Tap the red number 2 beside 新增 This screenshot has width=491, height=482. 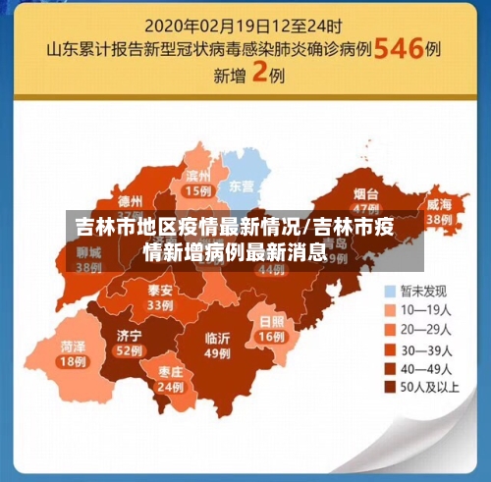[x=260, y=74]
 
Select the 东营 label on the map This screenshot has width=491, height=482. [x=242, y=185]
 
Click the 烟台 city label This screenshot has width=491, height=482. [x=367, y=194]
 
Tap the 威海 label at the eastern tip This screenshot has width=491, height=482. [x=439, y=204]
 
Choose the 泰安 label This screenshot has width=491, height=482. [x=160, y=291]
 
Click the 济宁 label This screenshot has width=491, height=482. [x=129, y=336]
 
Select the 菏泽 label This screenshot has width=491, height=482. [x=72, y=347]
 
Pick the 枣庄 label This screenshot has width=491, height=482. [x=169, y=373]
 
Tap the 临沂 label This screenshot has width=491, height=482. [x=217, y=339]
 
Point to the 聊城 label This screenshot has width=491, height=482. [x=88, y=251]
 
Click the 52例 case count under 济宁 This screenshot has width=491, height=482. [x=129, y=350]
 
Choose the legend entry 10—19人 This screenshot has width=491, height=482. [x=425, y=310]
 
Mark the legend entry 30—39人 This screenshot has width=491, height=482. [x=425, y=348]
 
